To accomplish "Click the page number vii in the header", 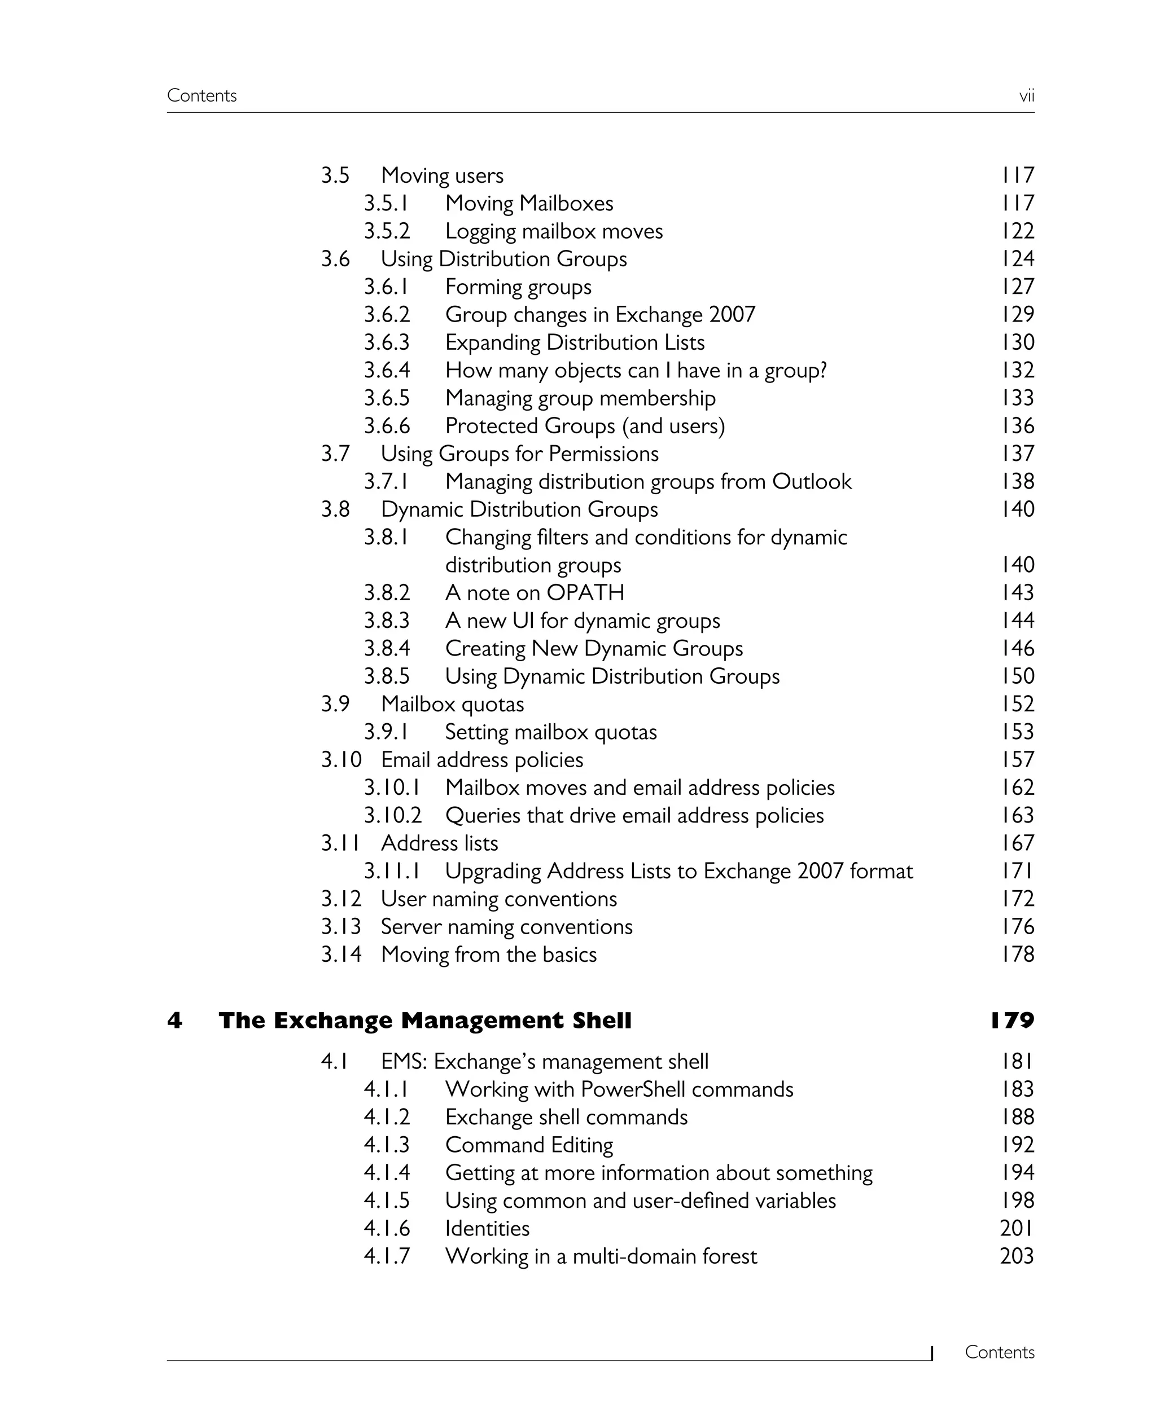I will coord(1026,96).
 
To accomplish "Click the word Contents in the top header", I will coord(202,96).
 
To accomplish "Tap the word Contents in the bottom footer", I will coord(999,1352).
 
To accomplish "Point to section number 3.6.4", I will coord(387,370).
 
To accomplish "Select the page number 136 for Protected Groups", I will coord(1018,426).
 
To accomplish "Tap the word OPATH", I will coord(585,592).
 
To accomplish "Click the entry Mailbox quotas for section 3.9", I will coord(452,704).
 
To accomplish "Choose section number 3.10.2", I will coord(392,815).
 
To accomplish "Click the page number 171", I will coord(1018,870).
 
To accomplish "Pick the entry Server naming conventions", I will coord(506,926).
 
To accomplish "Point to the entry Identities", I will coord(488,1228).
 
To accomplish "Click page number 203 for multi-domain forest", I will coord(1017,1256).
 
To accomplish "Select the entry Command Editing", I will coord(529,1145).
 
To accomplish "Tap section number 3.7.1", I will coord(386,481).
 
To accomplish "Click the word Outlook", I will coord(811,481).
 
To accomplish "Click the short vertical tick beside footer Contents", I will coord(931,1353).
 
